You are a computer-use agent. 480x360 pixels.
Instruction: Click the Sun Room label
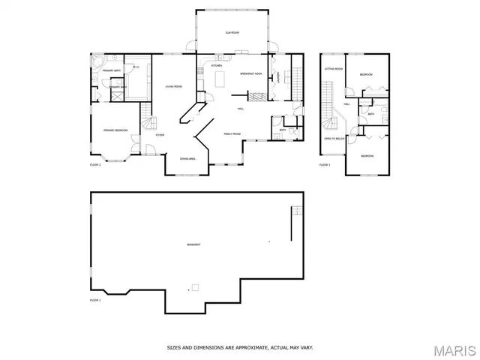click(232, 33)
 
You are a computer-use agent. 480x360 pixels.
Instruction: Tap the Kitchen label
click(216, 66)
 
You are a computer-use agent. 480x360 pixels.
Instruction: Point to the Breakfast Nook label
click(250, 74)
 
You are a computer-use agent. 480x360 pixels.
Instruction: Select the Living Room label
click(174, 86)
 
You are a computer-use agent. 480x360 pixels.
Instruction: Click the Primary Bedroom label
click(115, 130)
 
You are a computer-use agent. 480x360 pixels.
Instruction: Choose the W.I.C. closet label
click(136, 68)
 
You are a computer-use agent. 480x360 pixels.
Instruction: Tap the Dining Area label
click(187, 159)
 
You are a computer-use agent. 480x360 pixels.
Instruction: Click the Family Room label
click(232, 133)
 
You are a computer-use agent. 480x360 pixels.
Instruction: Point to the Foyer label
click(160, 135)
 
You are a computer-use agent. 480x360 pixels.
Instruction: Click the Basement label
click(193, 245)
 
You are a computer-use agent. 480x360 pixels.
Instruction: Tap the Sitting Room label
click(333, 69)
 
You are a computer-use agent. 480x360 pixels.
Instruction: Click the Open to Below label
click(334, 139)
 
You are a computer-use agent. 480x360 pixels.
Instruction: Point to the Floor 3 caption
click(325, 164)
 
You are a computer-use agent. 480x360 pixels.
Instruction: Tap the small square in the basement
click(196, 286)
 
